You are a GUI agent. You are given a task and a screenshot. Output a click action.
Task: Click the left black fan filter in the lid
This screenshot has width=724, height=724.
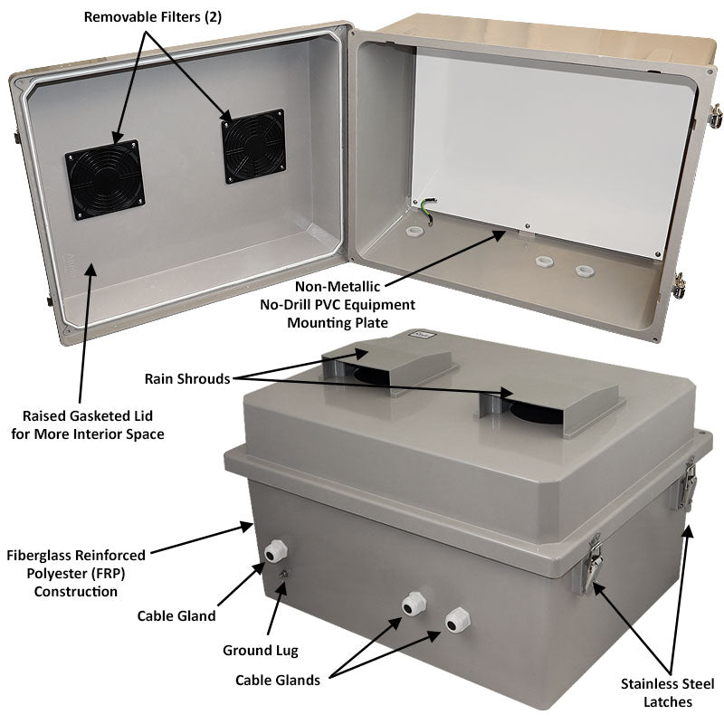(105, 179)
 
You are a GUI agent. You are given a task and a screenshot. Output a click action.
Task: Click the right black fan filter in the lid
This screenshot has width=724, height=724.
(254, 146)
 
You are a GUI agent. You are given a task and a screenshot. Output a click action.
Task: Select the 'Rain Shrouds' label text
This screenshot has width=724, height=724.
(187, 378)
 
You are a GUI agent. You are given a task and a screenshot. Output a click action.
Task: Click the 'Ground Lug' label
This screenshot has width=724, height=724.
(260, 650)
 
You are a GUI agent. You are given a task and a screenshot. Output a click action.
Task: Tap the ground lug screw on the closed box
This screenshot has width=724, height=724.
(284, 575)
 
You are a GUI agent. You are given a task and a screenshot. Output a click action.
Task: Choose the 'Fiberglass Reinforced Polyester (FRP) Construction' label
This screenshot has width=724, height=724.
(76, 572)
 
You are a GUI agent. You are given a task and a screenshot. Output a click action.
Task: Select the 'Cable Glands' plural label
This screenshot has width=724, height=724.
(278, 681)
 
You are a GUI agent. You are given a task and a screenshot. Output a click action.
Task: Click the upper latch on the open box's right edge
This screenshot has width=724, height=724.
(715, 116)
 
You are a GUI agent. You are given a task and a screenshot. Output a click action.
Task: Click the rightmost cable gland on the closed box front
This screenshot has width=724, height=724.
(456, 620)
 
